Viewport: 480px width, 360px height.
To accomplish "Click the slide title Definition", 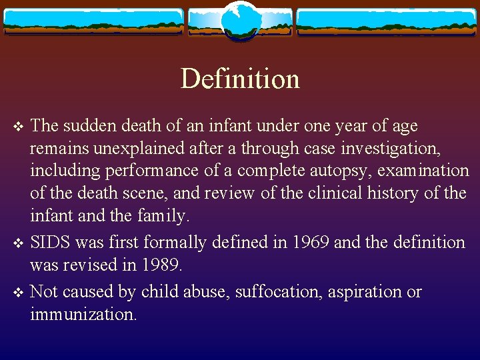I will [x=240, y=79].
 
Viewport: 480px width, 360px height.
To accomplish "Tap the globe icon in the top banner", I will [x=239, y=21].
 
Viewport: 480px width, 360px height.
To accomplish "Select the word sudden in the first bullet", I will [x=92, y=125].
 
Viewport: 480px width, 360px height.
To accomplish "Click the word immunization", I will [x=83, y=314].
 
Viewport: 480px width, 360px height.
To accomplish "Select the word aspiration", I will [x=356, y=291].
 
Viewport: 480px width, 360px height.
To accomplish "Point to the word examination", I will [x=423, y=171].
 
